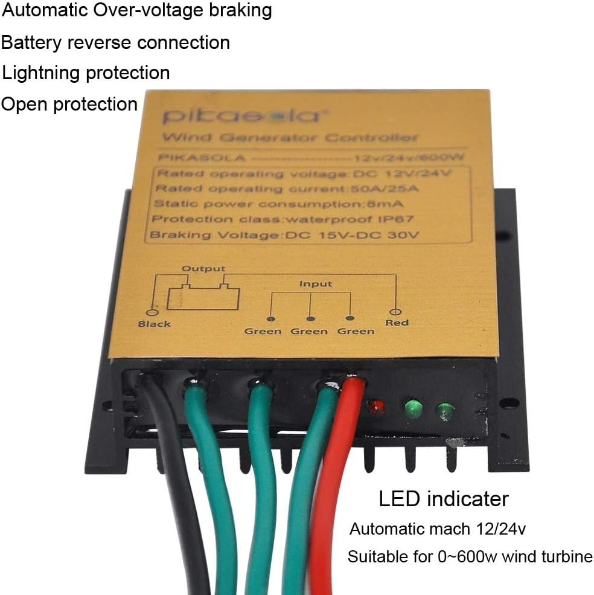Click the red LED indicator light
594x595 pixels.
pos(377,407)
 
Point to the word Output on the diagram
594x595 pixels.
pos(203,268)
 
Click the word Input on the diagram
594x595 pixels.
pos(316,283)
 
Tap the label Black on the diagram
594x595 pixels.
pos(154,324)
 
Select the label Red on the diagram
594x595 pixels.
pos(397,323)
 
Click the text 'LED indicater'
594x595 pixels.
pos(443,499)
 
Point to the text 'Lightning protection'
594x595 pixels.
pos(86,73)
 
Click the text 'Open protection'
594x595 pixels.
pos(69,104)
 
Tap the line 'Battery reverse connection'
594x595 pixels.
pos(115,43)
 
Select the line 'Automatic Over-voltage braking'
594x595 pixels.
pos(136,10)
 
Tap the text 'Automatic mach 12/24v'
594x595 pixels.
pos(438,530)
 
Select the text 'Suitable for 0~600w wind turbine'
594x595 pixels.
pos(470,556)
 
